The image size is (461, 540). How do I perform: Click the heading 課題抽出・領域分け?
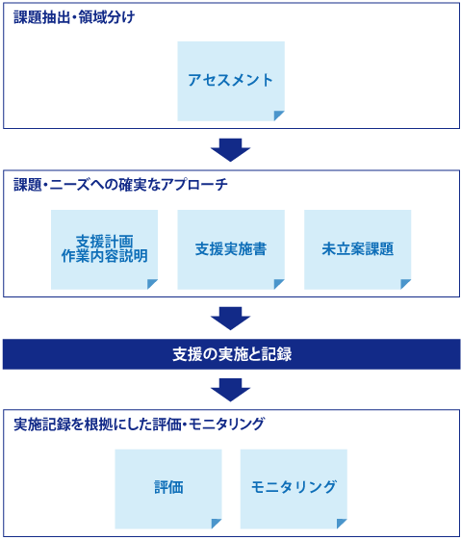pyautogui.click(x=74, y=17)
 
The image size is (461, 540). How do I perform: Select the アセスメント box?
pyautogui.click(x=231, y=81)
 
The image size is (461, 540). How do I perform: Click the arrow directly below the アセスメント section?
pyautogui.click(x=230, y=149)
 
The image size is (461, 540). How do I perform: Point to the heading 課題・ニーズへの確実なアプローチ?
pyautogui.click(x=120, y=184)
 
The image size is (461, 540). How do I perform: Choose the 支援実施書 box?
pyautogui.click(x=231, y=249)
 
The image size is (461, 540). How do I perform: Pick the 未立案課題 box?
pyautogui.click(x=358, y=249)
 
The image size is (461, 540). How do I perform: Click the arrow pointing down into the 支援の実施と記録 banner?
pyautogui.click(x=230, y=318)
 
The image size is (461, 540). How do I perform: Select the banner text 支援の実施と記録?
pyautogui.click(x=231, y=354)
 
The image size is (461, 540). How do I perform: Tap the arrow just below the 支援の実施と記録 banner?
pyautogui.click(x=230, y=389)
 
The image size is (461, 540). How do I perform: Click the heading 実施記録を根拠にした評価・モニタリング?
pyautogui.click(x=140, y=424)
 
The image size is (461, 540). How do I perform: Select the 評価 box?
pyautogui.click(x=168, y=488)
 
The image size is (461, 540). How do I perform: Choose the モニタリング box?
pyautogui.click(x=294, y=488)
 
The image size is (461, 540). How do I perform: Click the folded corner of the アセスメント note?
pyautogui.click(x=279, y=116)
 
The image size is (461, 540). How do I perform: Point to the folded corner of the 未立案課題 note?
pyautogui.click(x=406, y=284)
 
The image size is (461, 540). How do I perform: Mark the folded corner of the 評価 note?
pyautogui.click(x=217, y=524)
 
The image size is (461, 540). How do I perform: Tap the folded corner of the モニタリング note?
pyautogui.click(x=342, y=524)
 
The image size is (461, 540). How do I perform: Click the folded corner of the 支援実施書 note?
pyautogui.click(x=279, y=284)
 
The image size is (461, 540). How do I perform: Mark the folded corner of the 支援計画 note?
pyautogui.click(x=152, y=284)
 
